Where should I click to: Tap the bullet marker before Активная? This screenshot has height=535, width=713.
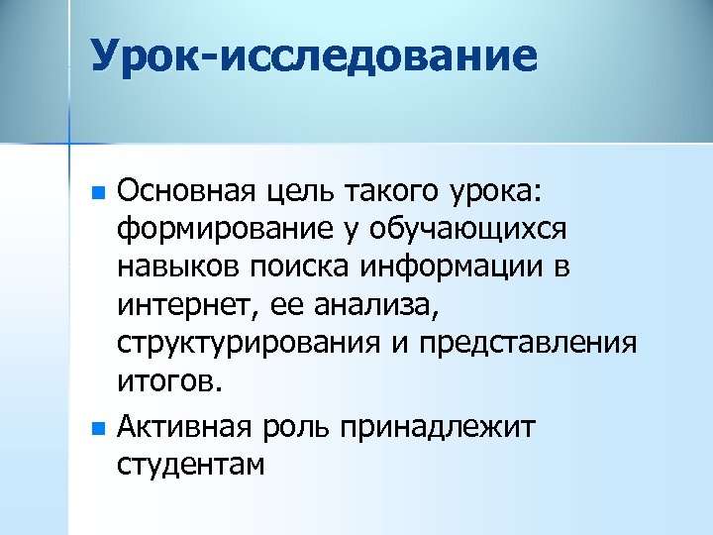pos(96,430)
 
